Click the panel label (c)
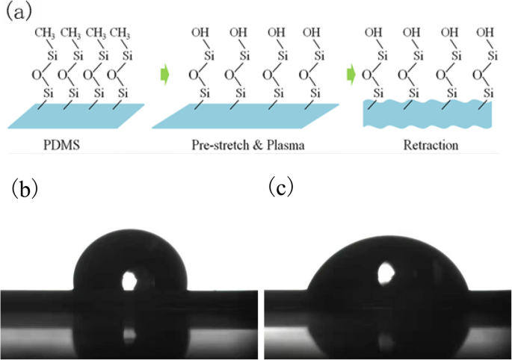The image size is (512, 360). [282, 187]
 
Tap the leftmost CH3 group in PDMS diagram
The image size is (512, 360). [44, 32]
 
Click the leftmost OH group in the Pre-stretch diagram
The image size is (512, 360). [200, 32]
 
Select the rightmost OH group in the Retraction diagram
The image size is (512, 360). [485, 32]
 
